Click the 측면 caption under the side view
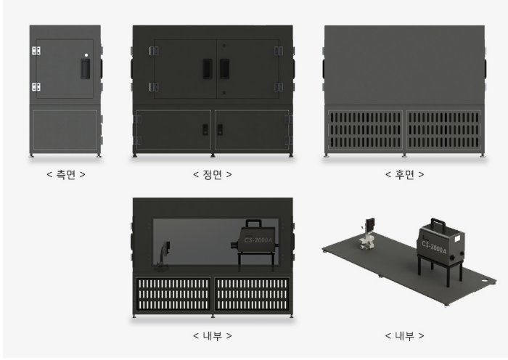tap(66, 175)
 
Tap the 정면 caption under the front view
tap(212, 175)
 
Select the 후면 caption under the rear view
tap(404, 175)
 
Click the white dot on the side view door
tap(86, 55)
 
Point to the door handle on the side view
tap(85, 69)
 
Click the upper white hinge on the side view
tap(36, 51)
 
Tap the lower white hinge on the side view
tap(36, 87)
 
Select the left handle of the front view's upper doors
tap(208, 69)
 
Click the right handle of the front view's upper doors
tap(224, 69)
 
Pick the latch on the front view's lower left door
tap(205, 130)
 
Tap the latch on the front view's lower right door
tap(220, 130)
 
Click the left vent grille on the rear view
tap(365, 130)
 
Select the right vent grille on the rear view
tap(443, 130)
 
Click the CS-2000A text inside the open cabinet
tap(258, 240)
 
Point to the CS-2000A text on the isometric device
tap(434, 247)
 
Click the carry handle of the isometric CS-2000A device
tap(438, 224)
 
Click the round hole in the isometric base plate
tap(484, 281)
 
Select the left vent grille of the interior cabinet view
tap(173, 294)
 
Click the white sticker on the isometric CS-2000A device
tap(457, 239)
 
